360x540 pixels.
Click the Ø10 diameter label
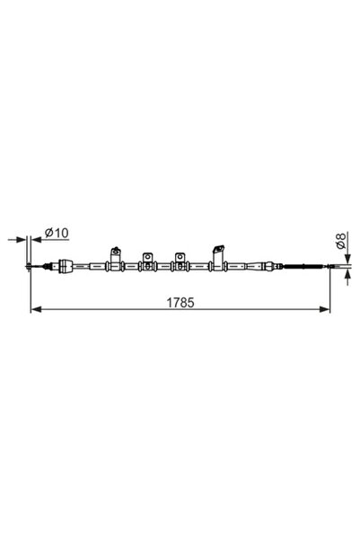point(57,233)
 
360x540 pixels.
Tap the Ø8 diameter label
point(340,241)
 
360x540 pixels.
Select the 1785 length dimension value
point(180,303)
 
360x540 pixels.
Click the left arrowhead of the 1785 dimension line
point(36,309)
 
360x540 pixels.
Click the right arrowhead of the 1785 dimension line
point(325,309)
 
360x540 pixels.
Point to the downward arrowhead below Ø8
point(347,258)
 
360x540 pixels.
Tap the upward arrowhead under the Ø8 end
point(347,274)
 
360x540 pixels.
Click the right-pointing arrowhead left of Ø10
point(22,239)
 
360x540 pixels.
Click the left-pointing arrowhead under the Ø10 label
point(36,239)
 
